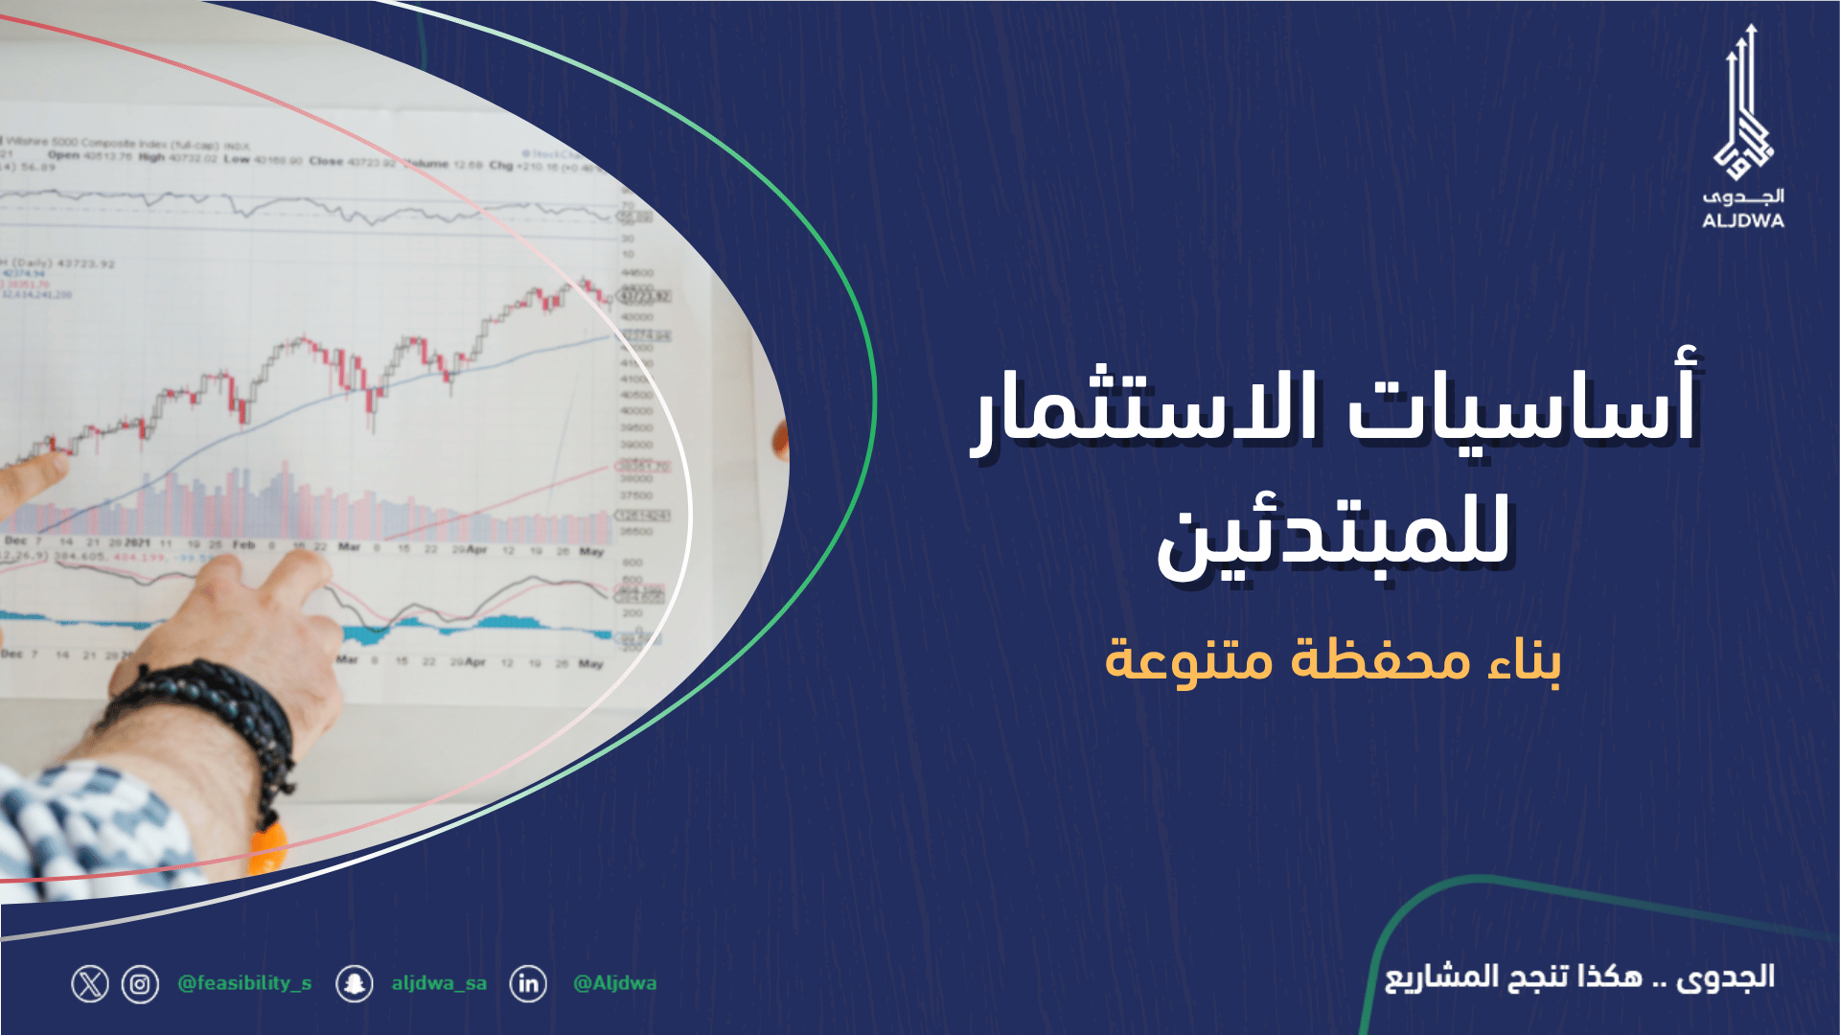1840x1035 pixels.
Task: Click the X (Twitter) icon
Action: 90,984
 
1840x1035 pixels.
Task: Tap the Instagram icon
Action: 140,984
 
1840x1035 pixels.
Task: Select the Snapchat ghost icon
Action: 355,984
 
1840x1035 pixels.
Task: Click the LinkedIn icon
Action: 528,984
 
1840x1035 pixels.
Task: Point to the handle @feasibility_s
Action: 244,983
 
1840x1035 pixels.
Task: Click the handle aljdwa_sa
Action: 439,983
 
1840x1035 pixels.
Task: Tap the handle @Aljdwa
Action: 614,983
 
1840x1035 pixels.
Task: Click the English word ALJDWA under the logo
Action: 1742,221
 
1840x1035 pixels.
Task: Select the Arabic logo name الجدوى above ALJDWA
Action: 1742,196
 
